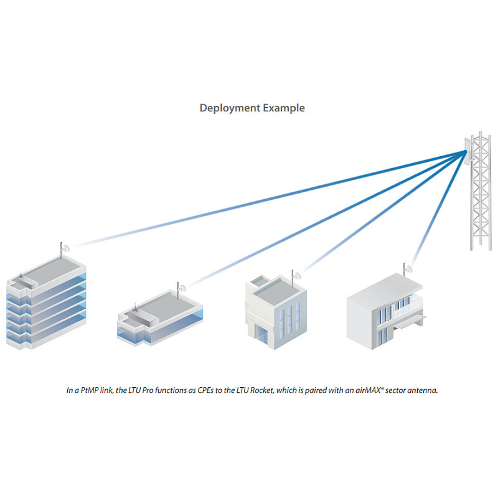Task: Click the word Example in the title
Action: [283, 108]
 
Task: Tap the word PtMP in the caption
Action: [91, 391]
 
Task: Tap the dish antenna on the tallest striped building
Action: [64, 248]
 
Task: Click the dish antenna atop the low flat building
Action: [181, 288]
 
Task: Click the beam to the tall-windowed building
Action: [374, 218]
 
